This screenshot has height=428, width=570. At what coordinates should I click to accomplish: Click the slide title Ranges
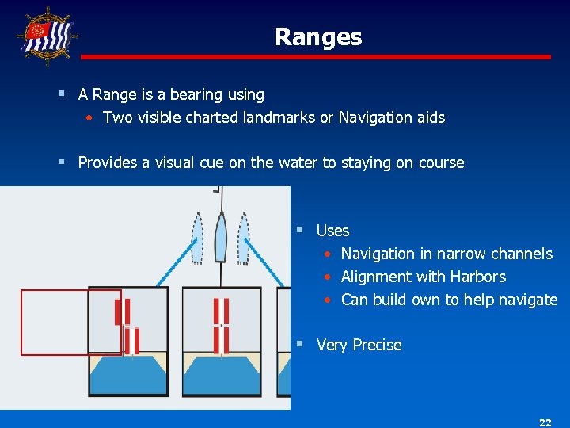(x=318, y=37)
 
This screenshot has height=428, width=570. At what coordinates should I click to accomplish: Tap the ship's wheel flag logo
(x=47, y=35)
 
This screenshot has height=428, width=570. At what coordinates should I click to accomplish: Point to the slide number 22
(x=545, y=422)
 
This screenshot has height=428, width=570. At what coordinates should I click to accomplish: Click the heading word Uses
(x=332, y=231)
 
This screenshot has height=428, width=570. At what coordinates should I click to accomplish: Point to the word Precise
(x=377, y=345)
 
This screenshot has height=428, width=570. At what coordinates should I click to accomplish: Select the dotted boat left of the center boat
(x=198, y=237)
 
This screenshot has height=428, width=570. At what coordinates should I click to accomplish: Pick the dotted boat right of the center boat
(x=245, y=237)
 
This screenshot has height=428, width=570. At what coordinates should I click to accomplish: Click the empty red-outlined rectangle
(x=70, y=323)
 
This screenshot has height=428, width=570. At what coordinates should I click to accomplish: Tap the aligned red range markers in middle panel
(x=222, y=326)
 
